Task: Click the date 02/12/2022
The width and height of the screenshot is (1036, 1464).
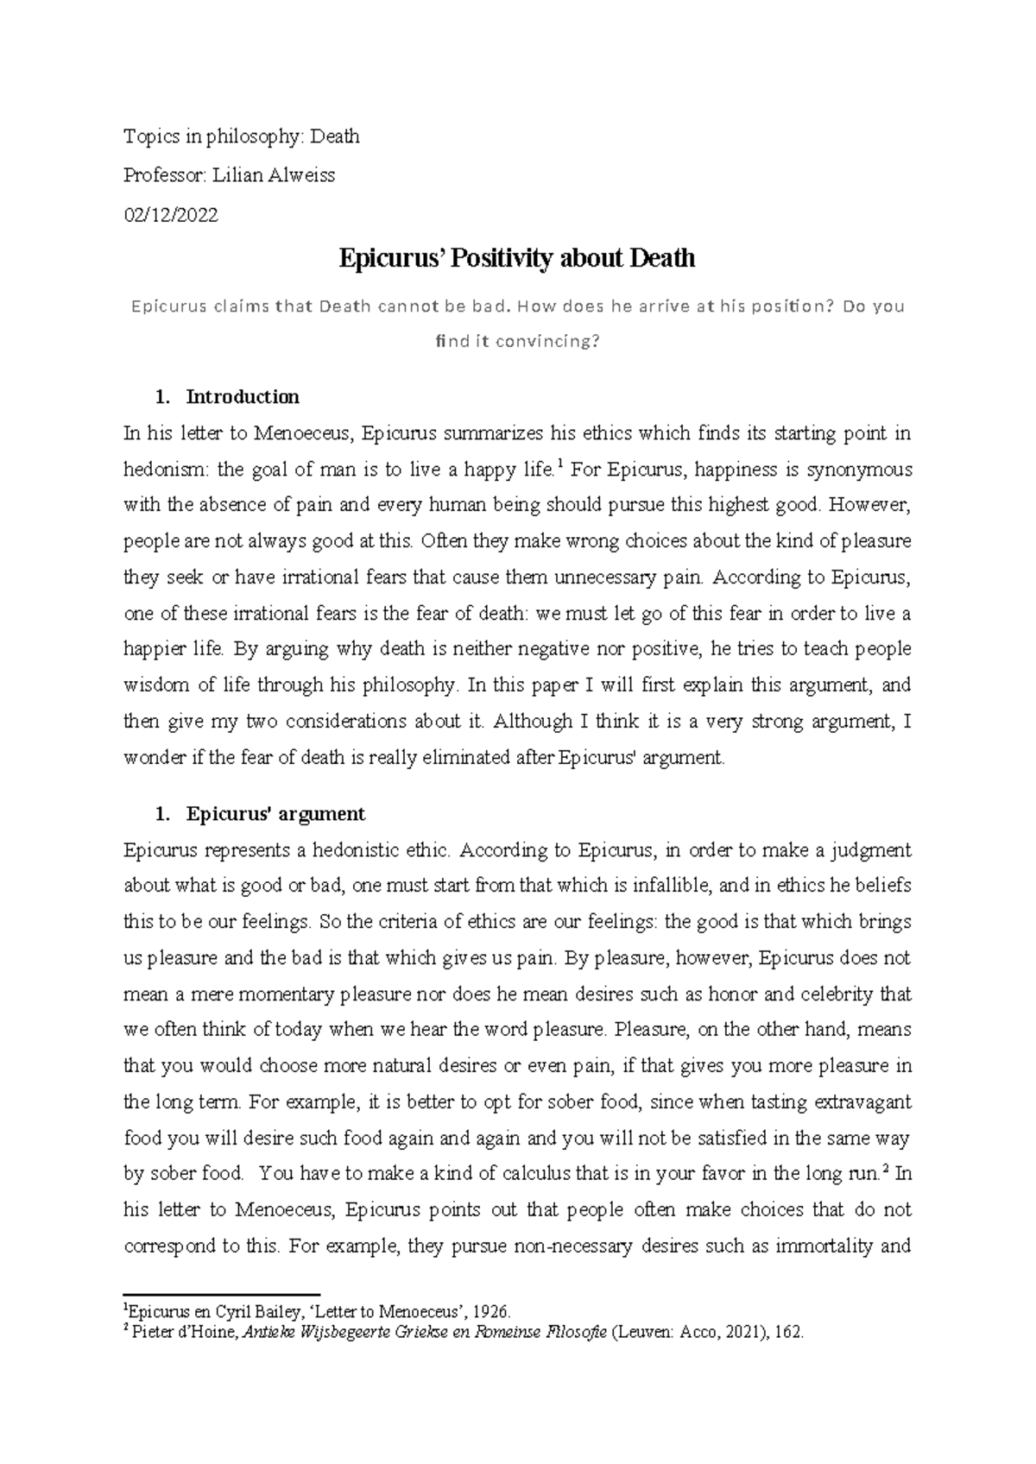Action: point(171,215)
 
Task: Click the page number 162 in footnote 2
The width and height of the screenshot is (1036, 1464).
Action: point(791,1332)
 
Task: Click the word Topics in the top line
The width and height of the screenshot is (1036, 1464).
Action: point(147,136)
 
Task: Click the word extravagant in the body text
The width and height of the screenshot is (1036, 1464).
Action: point(860,1102)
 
